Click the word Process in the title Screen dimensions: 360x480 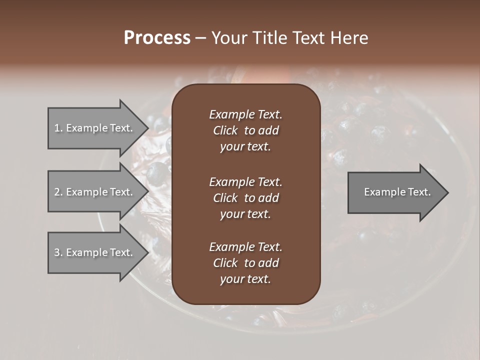point(157,37)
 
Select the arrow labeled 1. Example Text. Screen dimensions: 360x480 point(95,128)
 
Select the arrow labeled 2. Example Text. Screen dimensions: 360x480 point(95,192)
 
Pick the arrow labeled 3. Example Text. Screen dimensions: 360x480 point(95,252)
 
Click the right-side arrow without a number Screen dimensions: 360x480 point(395,192)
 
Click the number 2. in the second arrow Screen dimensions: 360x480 point(58,192)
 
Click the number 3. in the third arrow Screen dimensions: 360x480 point(58,252)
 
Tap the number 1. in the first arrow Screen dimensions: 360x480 point(58,128)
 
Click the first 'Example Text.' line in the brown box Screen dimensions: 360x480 point(245,114)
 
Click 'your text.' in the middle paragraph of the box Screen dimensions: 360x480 point(245,214)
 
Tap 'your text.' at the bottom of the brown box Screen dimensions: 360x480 point(245,279)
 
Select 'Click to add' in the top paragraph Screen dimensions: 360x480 point(245,130)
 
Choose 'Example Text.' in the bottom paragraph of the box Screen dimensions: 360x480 point(245,247)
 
